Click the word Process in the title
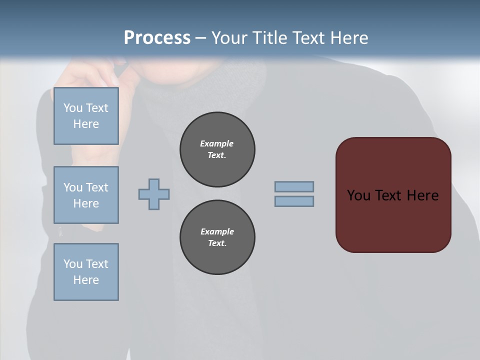point(157,38)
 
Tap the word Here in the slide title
point(348,38)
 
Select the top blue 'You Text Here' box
point(86,116)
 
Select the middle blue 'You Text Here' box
point(86,195)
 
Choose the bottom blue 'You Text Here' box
point(86,272)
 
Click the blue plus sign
point(154,194)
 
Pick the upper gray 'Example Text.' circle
point(217,149)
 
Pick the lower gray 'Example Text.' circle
point(217,237)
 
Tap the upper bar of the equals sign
point(294,186)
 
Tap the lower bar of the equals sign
point(294,201)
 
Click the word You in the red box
point(358,195)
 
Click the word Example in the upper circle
point(217,143)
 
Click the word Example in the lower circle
point(217,231)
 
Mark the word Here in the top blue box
point(86,124)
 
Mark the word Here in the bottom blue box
point(86,280)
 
